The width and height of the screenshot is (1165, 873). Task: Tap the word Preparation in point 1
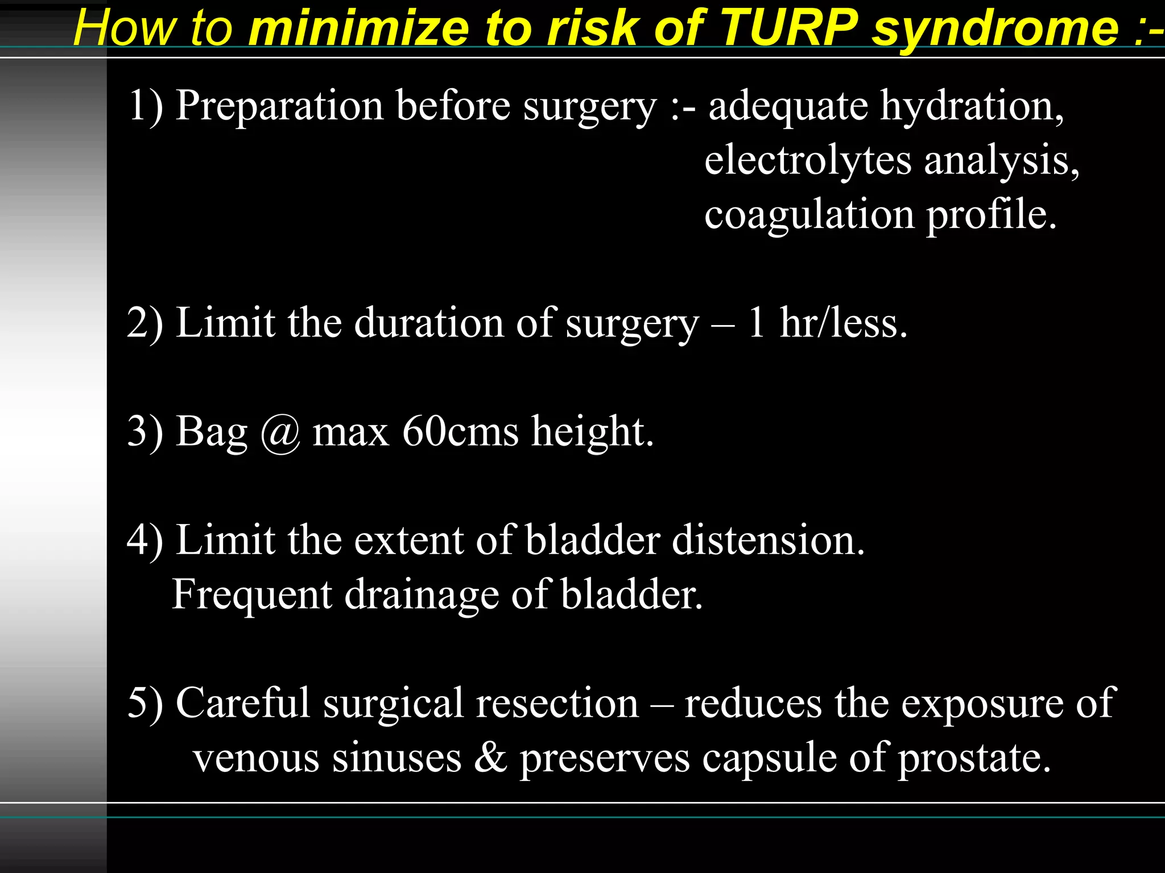[279, 107]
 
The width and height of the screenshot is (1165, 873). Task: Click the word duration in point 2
[429, 323]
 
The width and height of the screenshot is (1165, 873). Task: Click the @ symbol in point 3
[280, 433]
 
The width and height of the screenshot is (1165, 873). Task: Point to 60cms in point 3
[460, 432]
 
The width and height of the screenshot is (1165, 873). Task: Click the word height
[592, 432]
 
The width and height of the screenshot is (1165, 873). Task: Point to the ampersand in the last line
[490, 758]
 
